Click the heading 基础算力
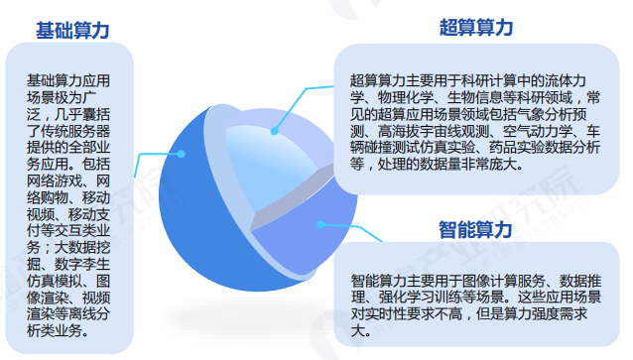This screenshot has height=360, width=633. click(72, 31)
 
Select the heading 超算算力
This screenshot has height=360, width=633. click(476, 28)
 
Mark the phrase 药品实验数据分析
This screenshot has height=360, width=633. click(537, 148)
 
